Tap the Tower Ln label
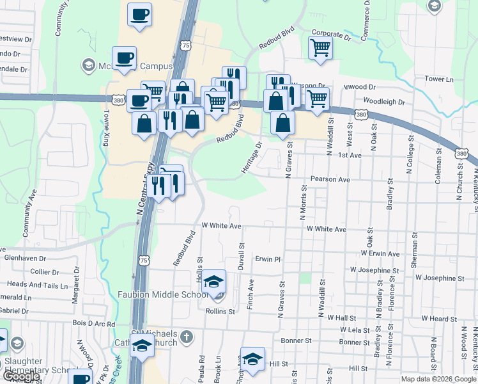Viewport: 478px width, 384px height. point(438,79)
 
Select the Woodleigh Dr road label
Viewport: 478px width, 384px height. point(385,101)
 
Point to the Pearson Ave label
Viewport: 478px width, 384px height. point(330,180)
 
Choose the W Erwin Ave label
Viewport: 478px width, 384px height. point(380,253)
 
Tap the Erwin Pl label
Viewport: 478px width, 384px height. point(268,260)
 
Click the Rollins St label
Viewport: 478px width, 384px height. point(220,312)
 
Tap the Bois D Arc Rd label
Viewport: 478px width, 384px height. point(93,324)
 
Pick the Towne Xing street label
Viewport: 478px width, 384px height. point(105,127)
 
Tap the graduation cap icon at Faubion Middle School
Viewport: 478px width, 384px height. point(215,282)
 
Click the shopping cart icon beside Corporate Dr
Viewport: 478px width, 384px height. point(320,47)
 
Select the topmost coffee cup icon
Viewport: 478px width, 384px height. point(140,14)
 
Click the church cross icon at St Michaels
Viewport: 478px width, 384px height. point(187,337)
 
